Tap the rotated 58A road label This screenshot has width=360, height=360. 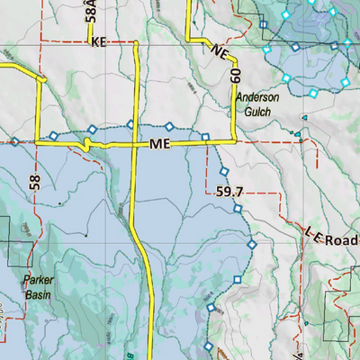click(x=90, y=12)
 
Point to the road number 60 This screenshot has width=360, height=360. click(x=236, y=76)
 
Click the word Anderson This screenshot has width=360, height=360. click(x=258, y=98)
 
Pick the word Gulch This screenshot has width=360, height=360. click(x=258, y=112)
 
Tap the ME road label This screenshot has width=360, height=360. click(x=160, y=144)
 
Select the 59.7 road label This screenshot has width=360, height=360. click(x=231, y=192)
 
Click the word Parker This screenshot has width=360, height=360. click(x=39, y=280)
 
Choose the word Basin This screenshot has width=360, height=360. click(x=39, y=292)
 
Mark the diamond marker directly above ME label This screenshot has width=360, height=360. click(x=168, y=126)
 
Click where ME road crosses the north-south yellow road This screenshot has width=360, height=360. click(x=135, y=142)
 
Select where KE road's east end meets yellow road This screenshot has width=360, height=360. click(x=135, y=42)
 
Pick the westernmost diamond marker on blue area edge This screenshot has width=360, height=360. click(x=15, y=141)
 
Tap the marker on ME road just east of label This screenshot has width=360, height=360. click(x=205, y=138)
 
